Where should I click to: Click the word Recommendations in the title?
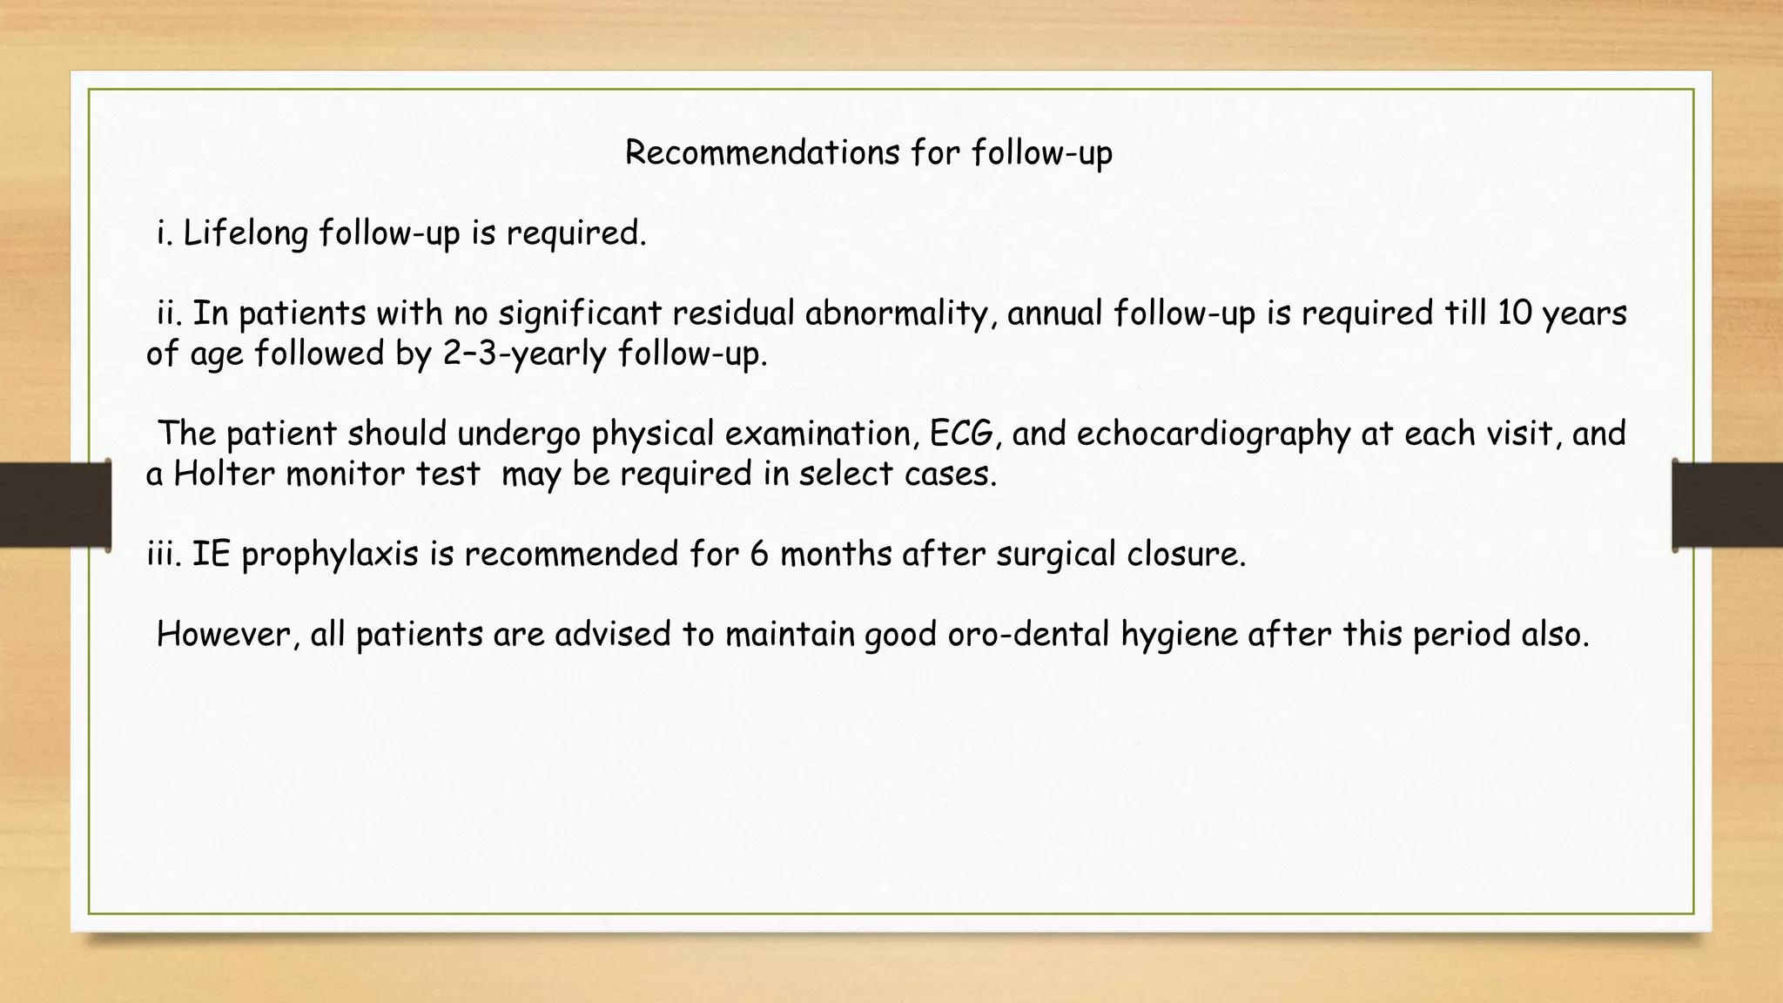pos(762,153)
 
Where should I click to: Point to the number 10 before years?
pos(1514,313)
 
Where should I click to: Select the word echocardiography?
pos(1213,434)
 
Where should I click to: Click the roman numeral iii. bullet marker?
pos(164,555)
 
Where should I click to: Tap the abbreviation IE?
pos(211,555)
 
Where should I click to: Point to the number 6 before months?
pos(759,555)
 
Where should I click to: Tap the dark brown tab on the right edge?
pos(1727,505)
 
